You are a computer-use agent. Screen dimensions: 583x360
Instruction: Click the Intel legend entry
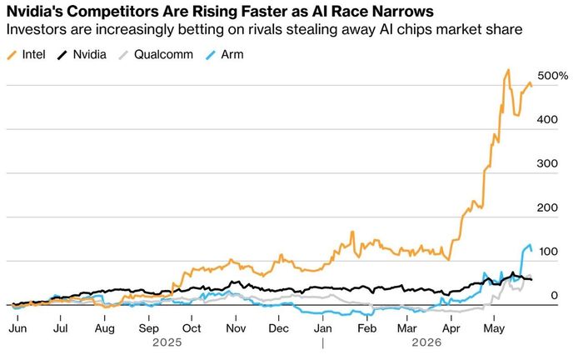(x=27, y=55)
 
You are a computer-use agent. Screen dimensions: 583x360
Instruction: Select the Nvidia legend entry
(x=82, y=55)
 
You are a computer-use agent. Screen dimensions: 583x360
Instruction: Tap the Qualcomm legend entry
(x=156, y=55)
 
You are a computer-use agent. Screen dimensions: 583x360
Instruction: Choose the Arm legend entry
(x=225, y=55)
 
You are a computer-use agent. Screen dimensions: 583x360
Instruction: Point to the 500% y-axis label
(x=552, y=76)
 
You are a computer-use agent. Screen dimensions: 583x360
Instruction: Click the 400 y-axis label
(x=547, y=120)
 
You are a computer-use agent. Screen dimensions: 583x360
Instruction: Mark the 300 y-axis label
(x=547, y=163)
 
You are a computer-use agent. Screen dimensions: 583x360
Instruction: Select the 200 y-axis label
(x=547, y=207)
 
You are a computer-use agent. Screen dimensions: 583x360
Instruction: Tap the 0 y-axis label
(x=554, y=295)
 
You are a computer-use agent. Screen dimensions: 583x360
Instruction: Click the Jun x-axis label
(x=17, y=328)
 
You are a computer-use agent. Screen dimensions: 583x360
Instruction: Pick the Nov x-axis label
(x=236, y=328)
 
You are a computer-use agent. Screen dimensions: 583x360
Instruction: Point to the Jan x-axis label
(x=323, y=328)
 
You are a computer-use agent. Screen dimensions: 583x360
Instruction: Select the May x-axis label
(x=494, y=328)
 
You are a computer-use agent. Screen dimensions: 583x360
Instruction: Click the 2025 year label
(x=167, y=342)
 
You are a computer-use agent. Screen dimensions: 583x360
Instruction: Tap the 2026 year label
(x=426, y=342)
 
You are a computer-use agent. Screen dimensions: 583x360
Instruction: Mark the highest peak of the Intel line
(x=508, y=69)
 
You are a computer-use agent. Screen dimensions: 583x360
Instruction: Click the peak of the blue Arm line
(x=530, y=245)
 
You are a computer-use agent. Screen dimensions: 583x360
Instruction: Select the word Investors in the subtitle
(x=37, y=29)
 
